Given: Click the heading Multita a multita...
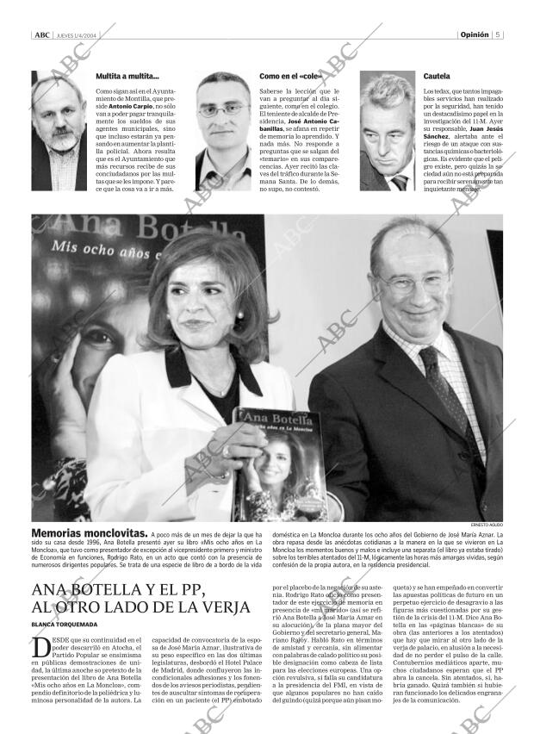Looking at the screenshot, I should [x=127, y=77].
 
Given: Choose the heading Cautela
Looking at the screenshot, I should [x=436, y=77].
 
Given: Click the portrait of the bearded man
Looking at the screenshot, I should [x=59, y=130].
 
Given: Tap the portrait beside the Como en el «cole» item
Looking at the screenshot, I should [x=222, y=130].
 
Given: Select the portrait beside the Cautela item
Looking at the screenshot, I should [x=385, y=130].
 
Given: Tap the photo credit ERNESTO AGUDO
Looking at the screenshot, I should [x=486, y=523].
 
